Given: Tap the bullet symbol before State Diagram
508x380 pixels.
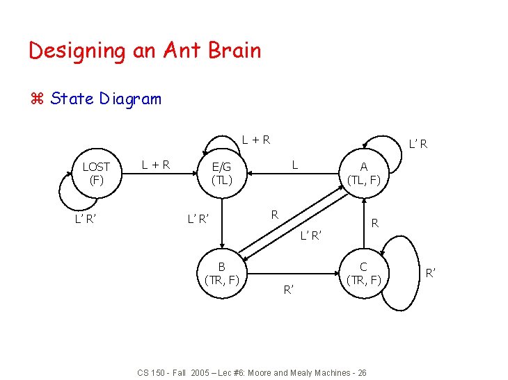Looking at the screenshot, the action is point(37,99).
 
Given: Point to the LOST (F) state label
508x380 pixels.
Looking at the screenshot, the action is point(95,172).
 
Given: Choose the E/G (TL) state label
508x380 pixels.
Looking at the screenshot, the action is point(221,172).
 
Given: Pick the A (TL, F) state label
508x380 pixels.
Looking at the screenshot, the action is point(363,172).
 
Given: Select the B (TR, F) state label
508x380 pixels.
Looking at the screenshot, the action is point(221,273).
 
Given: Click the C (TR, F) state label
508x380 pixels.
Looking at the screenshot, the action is point(363,273).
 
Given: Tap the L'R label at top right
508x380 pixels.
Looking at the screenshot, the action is point(418,144).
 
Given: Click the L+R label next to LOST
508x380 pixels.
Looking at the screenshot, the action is point(155,165).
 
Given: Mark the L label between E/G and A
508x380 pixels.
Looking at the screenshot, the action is point(295,165).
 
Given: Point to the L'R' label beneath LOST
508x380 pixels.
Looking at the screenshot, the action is point(86,220).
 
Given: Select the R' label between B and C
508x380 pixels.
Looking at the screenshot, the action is point(288,288).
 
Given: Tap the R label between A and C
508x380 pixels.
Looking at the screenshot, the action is point(374,223).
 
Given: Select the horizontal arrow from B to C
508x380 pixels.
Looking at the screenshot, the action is point(292,273).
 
